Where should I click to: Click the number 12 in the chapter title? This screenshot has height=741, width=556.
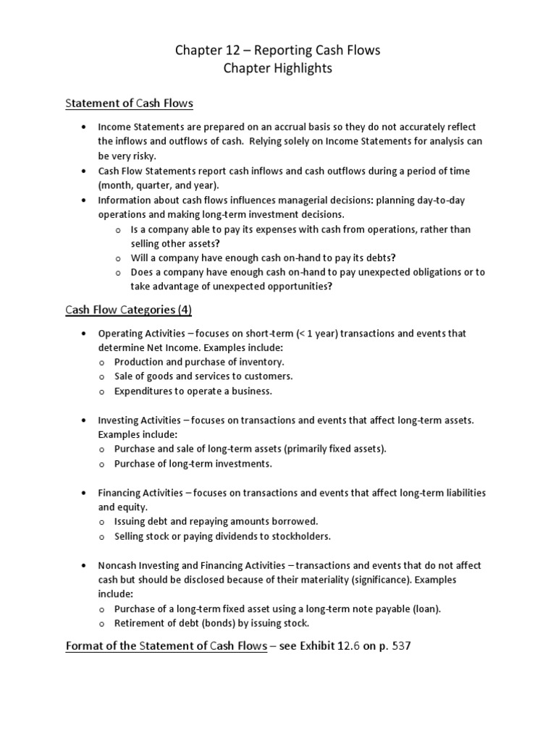(x=229, y=50)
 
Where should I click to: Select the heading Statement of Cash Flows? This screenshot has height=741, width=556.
(x=130, y=103)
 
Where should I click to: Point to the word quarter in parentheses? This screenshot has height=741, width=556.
(x=154, y=185)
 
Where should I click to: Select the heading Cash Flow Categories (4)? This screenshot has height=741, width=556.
(x=128, y=310)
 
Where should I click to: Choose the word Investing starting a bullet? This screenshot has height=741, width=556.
(x=119, y=420)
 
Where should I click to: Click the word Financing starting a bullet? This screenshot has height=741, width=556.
(x=121, y=493)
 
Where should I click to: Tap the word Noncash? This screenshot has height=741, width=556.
(x=119, y=565)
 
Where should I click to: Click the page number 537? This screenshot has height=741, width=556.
(x=401, y=646)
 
